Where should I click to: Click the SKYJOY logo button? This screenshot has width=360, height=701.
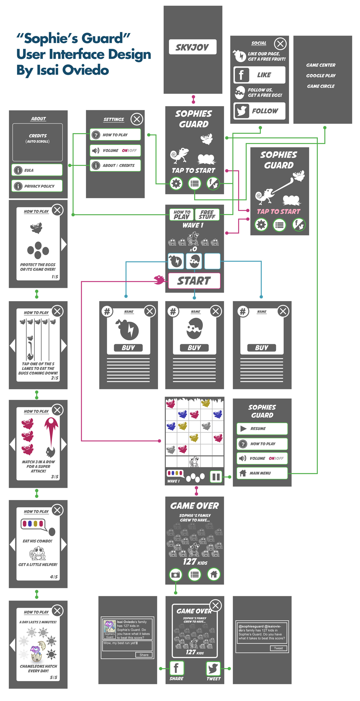tap(192, 47)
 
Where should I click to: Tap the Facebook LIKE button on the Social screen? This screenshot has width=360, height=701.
tap(259, 75)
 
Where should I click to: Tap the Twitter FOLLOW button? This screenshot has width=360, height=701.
tap(259, 111)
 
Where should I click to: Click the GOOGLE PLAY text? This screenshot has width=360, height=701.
tap(321, 76)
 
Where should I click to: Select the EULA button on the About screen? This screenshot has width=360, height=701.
tap(37, 170)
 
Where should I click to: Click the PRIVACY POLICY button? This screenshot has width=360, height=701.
tap(37, 186)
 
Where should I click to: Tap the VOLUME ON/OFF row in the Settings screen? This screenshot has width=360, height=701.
tap(115, 150)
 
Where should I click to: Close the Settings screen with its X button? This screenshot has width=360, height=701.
tap(137, 119)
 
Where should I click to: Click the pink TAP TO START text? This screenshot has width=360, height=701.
tap(278, 211)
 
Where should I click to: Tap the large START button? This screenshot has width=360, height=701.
tap(194, 281)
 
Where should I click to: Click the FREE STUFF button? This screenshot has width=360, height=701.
tap(207, 215)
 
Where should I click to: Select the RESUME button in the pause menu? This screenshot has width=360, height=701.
tap(262, 429)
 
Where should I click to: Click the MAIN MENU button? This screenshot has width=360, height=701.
tap(262, 473)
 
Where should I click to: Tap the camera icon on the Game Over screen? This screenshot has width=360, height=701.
tap(175, 574)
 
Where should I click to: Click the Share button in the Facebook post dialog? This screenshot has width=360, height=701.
tap(144, 655)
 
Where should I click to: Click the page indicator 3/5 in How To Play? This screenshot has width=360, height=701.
tap(54, 477)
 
